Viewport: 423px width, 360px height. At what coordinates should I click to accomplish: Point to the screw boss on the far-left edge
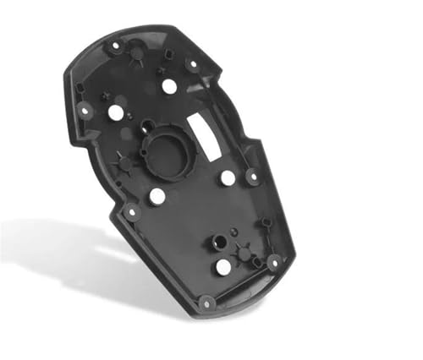pyautogui.click(x=85, y=108)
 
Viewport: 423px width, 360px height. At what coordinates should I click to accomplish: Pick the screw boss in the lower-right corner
pyautogui.click(x=273, y=263)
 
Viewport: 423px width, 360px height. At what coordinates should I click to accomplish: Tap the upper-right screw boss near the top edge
pyautogui.click(x=191, y=63)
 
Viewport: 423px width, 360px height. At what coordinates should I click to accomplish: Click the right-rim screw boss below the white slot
pyautogui.click(x=251, y=177)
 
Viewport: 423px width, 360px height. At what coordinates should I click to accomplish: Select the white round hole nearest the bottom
pyautogui.click(x=222, y=267)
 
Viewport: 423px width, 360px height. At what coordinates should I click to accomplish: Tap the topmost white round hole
pyautogui.click(x=169, y=85)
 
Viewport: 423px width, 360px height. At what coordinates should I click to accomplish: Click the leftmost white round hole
pyautogui.click(x=116, y=112)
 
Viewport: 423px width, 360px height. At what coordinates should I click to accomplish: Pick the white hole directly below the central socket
pyautogui.click(x=157, y=196)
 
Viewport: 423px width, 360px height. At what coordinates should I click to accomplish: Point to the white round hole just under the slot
pyautogui.click(x=228, y=177)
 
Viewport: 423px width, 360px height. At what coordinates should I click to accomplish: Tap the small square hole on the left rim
pyautogui.click(x=80, y=87)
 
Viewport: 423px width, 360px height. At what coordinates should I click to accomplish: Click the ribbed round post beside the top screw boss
pyautogui.click(x=135, y=53)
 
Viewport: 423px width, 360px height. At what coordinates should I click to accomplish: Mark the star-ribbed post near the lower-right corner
pyautogui.click(x=244, y=253)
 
